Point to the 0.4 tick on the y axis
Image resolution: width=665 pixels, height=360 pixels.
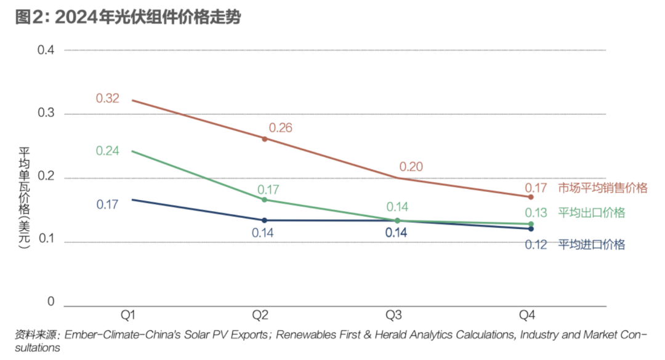46,50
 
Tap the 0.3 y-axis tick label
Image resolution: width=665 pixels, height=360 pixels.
46,114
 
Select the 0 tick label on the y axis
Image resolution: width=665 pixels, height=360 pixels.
52,302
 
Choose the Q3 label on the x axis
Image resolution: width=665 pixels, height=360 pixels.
393,316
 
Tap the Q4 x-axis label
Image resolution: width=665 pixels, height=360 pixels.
526,316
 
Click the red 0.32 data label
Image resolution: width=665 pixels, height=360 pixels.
107,98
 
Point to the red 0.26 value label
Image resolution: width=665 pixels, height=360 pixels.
280,128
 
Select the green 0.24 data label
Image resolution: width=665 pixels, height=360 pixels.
107,151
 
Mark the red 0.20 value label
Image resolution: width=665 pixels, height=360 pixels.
411,166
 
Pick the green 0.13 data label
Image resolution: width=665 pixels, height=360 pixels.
536,213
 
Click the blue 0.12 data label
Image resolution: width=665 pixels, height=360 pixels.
536,245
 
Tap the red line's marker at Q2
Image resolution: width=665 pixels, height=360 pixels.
265,138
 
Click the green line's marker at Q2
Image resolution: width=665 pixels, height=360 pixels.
265,199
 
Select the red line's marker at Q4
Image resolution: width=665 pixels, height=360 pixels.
531,197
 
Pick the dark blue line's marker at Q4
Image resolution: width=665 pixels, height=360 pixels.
531,229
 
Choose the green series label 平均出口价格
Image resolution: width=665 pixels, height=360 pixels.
591,213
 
